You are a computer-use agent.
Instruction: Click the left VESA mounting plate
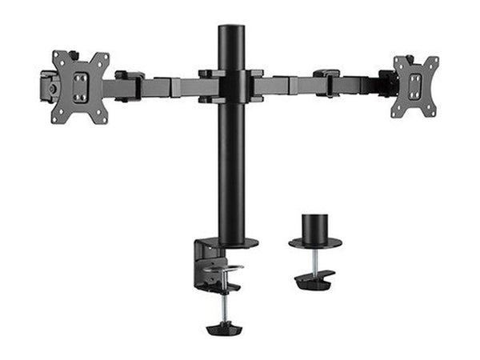80,86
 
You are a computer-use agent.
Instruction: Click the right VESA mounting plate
415,86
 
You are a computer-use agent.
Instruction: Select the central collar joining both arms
230,86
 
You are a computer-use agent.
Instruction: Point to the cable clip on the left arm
129,86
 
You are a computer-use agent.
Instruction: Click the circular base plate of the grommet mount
315,242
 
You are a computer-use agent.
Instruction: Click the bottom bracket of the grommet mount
314,281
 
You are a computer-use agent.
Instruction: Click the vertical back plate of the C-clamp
198,268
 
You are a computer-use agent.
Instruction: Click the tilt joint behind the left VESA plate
49,86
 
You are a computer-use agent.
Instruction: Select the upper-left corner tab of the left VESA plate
57,57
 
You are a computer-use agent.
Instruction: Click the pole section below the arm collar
230,168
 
